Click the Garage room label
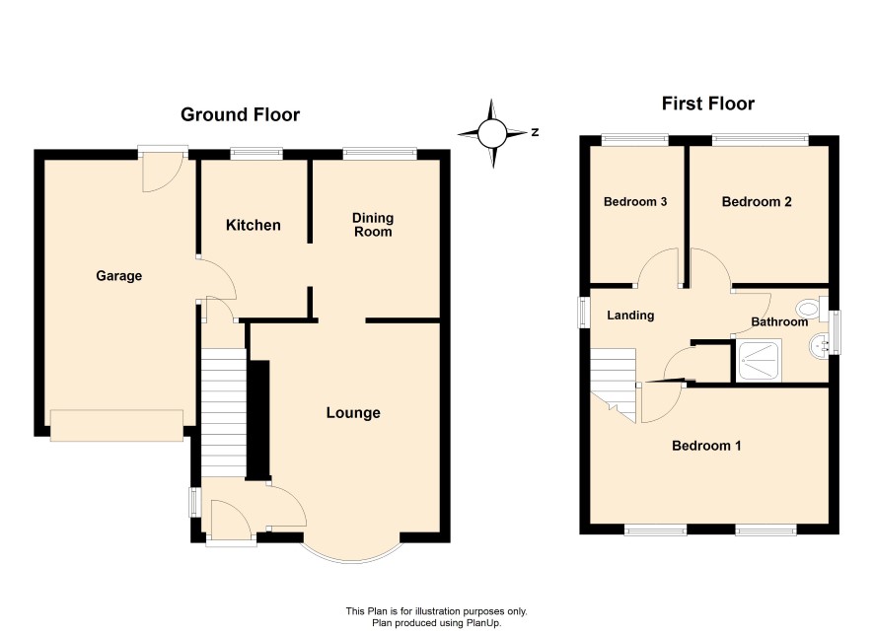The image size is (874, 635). click(x=118, y=276)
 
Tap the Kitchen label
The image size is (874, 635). click(x=254, y=225)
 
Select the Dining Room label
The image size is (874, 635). click(x=373, y=225)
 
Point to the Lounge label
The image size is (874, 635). click(x=353, y=413)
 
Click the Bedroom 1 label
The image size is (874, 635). click(x=706, y=446)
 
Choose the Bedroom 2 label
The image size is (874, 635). click(x=757, y=201)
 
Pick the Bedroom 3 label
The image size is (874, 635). click(x=635, y=201)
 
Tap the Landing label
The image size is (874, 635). click(x=630, y=316)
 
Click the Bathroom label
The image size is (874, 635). click(x=779, y=322)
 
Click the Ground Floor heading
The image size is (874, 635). click(x=241, y=114)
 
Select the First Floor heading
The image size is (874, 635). click(x=708, y=104)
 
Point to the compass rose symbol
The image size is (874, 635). click(x=492, y=133)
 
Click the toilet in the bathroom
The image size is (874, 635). click(x=812, y=309)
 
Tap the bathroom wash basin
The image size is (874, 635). click(x=818, y=346)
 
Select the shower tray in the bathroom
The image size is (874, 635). click(x=759, y=360)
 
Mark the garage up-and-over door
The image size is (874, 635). click(x=116, y=426)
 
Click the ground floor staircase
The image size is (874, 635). click(x=223, y=413)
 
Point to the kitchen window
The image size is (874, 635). click(x=256, y=152)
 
